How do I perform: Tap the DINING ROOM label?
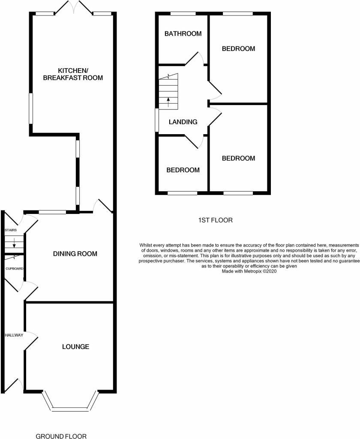pyautogui.click(x=75, y=254)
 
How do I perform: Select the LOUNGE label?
pyautogui.click(x=75, y=346)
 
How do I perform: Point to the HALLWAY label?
pyautogui.click(x=14, y=335)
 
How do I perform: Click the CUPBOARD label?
pyautogui.click(x=14, y=268)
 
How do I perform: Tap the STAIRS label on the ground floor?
pyautogui.click(x=10, y=230)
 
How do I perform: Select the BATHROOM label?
pyautogui.click(x=183, y=33)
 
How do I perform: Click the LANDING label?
pyautogui.click(x=183, y=122)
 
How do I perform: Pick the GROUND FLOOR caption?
pyautogui.click(x=61, y=436)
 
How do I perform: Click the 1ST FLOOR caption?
pyautogui.click(x=215, y=220)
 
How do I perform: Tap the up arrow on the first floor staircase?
pyautogui.click(x=168, y=102)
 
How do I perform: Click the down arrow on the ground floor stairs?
pyautogui.click(x=14, y=245)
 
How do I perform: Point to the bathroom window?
pyautogui.click(x=183, y=14)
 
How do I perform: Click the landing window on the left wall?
pyautogui.click(x=157, y=120)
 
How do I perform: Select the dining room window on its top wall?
pyautogui.click(x=52, y=212)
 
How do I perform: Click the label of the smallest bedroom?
pyautogui.click(x=183, y=170)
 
